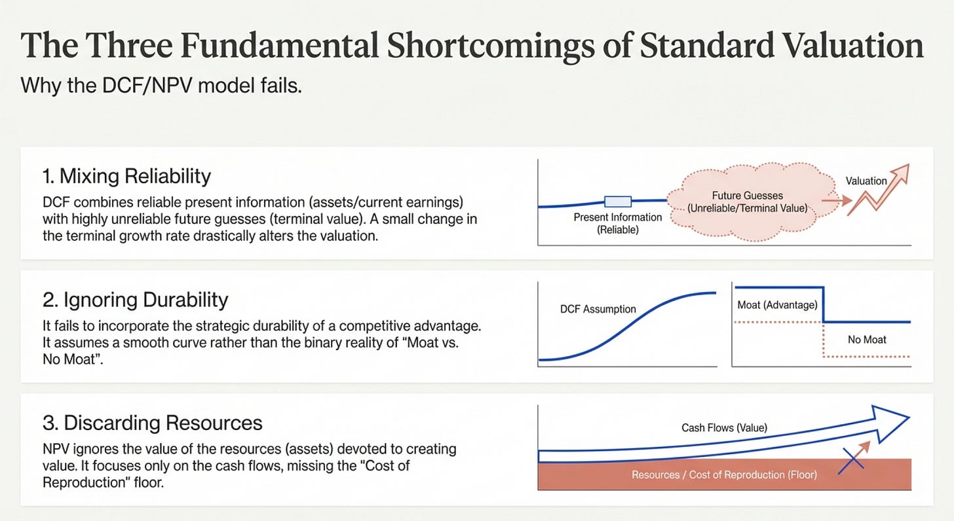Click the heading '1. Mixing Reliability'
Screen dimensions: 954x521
(x=126, y=176)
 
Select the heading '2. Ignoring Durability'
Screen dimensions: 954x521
(x=136, y=300)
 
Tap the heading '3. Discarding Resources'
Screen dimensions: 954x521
(x=153, y=423)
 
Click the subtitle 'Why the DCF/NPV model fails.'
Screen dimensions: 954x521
(x=161, y=86)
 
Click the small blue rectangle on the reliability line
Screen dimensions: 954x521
(x=618, y=201)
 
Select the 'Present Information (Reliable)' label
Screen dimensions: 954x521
(x=617, y=223)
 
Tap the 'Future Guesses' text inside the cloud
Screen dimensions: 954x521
(x=748, y=196)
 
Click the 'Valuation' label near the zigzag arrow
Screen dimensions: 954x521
(x=866, y=181)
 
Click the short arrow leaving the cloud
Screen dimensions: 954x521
(x=837, y=200)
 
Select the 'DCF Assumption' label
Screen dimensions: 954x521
(x=598, y=309)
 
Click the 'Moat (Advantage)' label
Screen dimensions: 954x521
(x=777, y=305)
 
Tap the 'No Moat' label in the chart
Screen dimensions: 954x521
(x=867, y=340)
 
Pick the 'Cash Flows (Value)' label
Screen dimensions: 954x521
(x=725, y=427)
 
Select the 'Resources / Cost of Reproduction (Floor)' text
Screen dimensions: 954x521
(x=724, y=475)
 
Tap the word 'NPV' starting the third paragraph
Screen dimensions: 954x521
(x=56, y=449)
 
